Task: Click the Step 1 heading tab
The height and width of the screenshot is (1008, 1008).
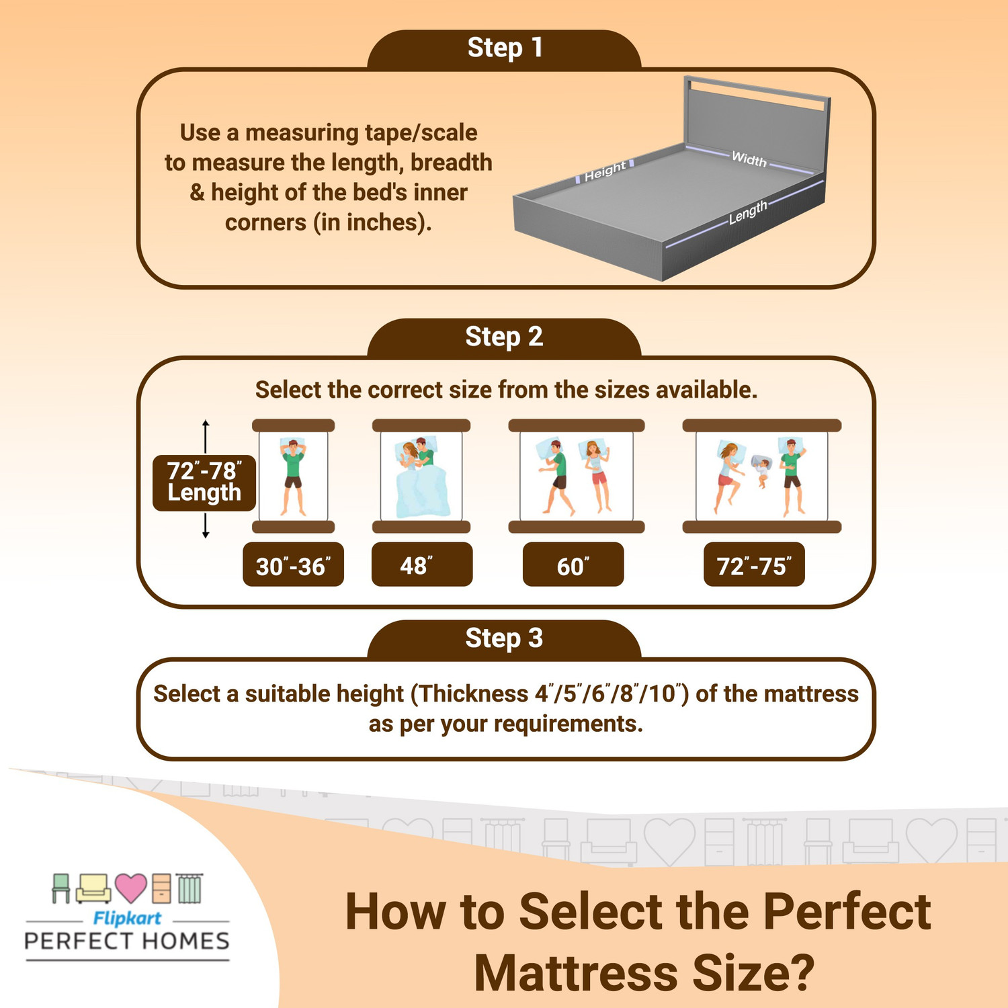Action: (504, 48)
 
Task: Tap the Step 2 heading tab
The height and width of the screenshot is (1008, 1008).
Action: (504, 337)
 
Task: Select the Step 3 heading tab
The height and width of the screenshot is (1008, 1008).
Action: (504, 638)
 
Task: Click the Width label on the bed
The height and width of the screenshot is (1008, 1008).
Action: (749, 159)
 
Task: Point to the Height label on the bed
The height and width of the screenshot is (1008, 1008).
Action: (605, 171)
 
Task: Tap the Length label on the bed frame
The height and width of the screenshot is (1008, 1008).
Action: (748, 212)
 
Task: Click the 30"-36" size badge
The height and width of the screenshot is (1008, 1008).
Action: (293, 565)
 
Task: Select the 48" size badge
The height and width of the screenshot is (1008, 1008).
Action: (421, 565)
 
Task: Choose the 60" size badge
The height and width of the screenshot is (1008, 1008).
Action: (573, 565)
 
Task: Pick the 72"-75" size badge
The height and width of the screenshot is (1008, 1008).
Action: (754, 565)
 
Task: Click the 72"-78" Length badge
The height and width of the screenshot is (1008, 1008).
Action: (204, 482)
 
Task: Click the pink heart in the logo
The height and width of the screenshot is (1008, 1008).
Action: (130, 888)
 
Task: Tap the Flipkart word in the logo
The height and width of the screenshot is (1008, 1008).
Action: (127, 918)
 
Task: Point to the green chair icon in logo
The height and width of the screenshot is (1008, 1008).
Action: (61, 888)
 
